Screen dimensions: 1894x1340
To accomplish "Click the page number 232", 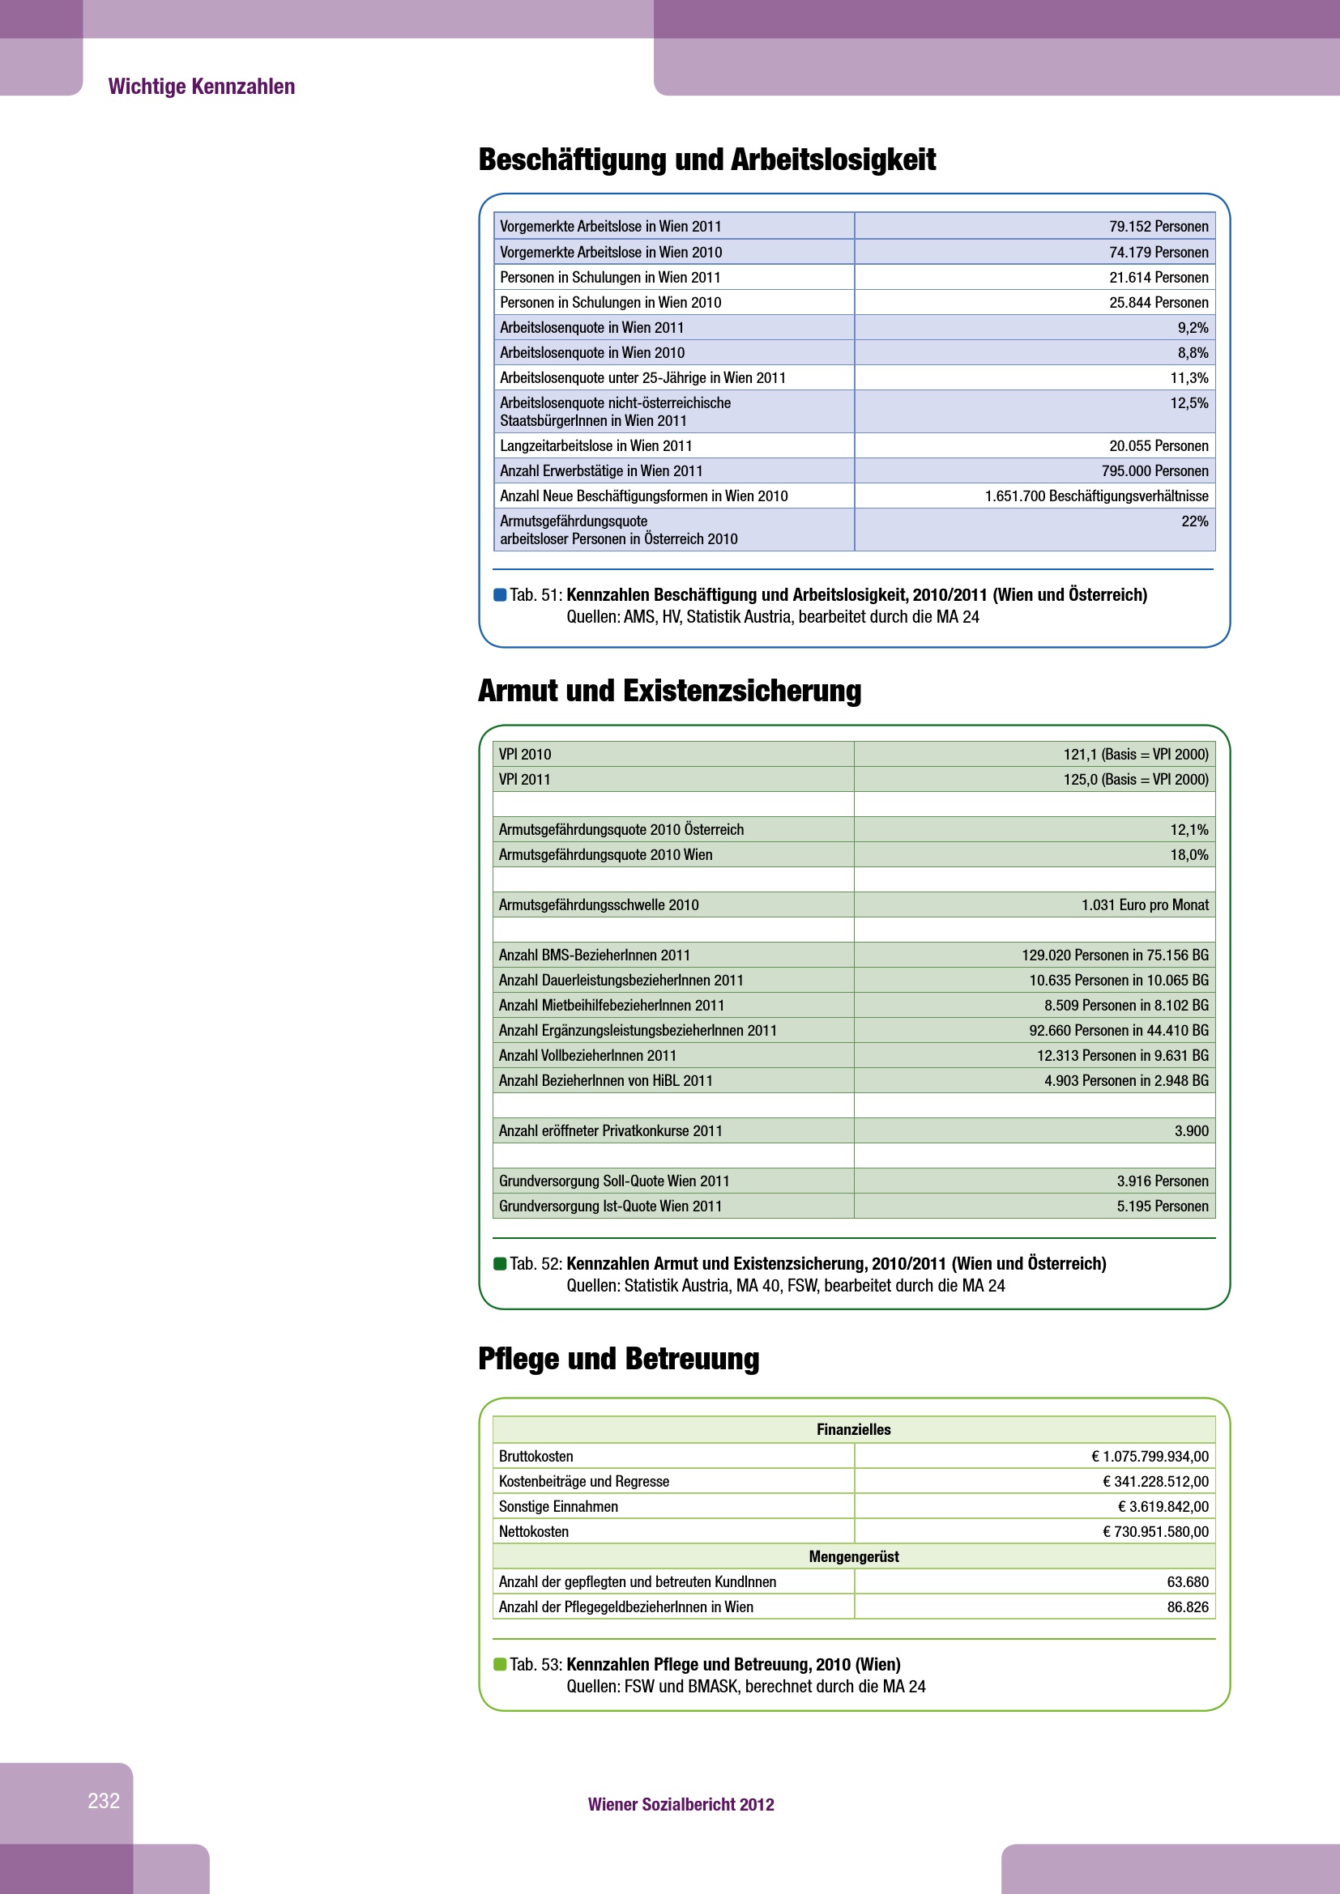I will point(104,1801).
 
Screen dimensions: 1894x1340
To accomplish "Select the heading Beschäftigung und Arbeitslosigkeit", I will point(706,160).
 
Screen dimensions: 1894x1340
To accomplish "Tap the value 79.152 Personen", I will point(1158,227).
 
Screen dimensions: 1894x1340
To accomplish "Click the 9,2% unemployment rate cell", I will point(1193,327).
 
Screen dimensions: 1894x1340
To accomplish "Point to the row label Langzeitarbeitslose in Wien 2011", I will point(595,446).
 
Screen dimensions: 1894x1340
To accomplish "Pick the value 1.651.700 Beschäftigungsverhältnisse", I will point(1096,496).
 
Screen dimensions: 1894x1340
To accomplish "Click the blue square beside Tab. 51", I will point(499,595).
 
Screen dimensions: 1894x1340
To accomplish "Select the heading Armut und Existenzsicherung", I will point(669,692).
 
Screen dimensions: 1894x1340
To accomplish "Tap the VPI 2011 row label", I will point(524,780).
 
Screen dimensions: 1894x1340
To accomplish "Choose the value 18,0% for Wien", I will point(1189,855).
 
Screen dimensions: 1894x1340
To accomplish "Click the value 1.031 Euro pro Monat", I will point(1145,906).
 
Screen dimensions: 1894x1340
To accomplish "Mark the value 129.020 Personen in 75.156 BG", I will point(1115,956).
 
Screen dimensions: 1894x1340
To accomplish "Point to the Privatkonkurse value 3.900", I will point(1191,1131).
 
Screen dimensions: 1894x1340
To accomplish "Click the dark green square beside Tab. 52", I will point(499,1264).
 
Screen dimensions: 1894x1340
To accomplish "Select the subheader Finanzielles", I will point(853,1429).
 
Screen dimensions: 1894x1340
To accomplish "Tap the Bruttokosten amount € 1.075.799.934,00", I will point(1150,1457).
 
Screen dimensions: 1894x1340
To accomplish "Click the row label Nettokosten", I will point(533,1532).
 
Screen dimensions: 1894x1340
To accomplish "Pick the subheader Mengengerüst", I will point(853,1556).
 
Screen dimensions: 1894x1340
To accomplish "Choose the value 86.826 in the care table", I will point(1187,1607).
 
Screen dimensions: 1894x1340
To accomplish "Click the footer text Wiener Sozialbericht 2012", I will point(681,1805).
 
